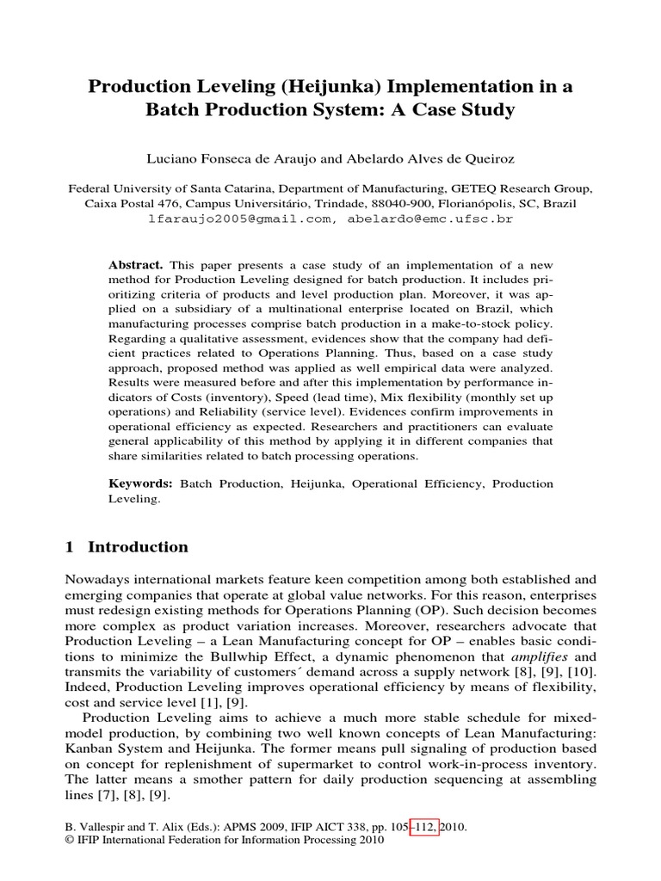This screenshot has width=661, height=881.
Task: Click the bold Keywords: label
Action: click(139, 484)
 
